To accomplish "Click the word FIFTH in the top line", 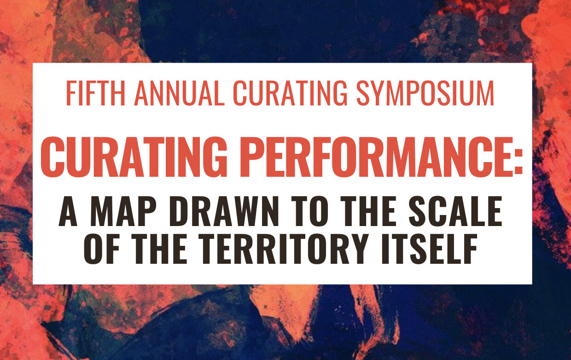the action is pos(96,93).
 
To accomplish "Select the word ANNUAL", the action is pos(179,93).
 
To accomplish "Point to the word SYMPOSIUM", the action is pos(425,93).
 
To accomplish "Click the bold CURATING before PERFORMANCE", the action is pos(134,157).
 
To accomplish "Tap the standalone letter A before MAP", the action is pos(68,211).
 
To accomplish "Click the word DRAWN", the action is pos(224,211).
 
